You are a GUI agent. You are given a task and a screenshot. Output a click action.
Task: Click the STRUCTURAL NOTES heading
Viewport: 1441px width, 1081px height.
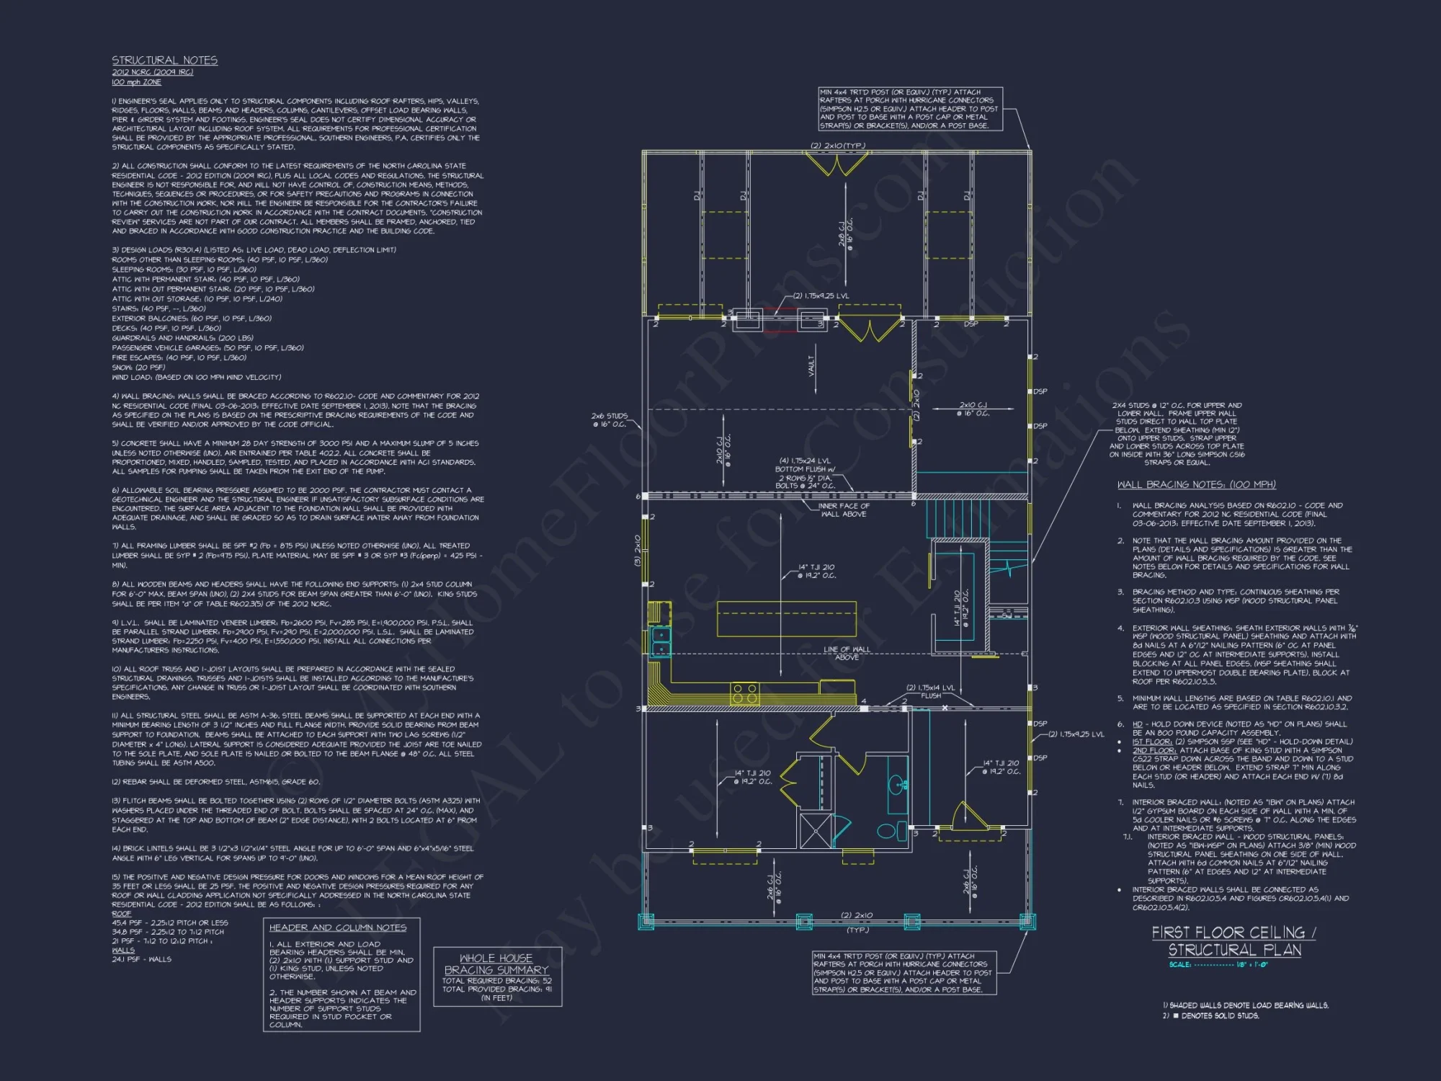point(164,61)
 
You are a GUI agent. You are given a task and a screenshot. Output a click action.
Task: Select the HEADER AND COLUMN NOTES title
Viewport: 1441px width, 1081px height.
point(338,927)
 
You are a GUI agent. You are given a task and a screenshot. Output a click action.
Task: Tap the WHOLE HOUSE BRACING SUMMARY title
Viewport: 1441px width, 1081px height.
point(496,964)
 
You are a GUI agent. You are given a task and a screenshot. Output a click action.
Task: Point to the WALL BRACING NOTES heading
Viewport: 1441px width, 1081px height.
point(1196,484)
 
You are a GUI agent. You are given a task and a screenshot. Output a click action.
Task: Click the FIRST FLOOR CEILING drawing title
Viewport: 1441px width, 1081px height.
point(1233,941)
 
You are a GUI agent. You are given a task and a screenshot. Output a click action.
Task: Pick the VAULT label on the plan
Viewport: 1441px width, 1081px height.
point(812,365)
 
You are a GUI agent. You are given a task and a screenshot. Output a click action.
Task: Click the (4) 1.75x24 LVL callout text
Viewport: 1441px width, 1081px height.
point(805,461)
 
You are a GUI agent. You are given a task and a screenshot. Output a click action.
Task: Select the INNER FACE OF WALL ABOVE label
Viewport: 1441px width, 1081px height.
point(844,510)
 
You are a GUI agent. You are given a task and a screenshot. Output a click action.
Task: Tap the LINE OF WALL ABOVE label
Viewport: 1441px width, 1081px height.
point(847,653)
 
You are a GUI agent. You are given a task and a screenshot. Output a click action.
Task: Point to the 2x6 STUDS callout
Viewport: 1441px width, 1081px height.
point(610,419)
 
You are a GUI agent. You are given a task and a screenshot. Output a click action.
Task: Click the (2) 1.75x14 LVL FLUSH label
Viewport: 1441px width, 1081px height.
point(931,691)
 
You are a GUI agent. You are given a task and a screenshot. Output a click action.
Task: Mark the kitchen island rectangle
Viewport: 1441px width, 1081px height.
point(786,619)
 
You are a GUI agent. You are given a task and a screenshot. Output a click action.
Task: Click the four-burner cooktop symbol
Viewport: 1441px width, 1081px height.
point(745,694)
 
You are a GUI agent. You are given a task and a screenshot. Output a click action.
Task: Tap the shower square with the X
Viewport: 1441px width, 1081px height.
point(815,829)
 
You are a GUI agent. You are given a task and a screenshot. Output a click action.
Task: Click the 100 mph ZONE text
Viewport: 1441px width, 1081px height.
point(136,82)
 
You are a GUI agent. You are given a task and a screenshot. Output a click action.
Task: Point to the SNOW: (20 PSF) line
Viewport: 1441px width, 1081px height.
point(139,368)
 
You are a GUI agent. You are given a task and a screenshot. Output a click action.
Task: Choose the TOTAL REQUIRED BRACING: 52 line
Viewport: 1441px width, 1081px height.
point(497,981)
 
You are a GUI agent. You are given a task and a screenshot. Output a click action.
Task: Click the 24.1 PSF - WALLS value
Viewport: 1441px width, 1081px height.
point(142,959)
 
